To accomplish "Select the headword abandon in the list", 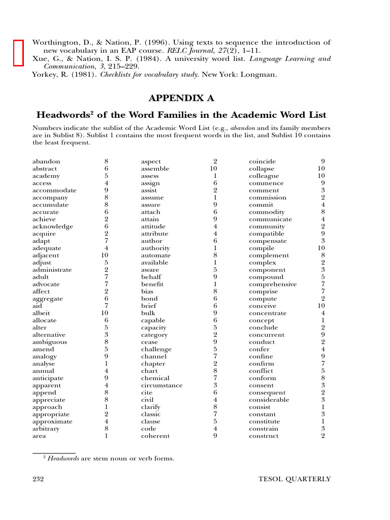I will point(46,161).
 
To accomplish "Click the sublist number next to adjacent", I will point(105,255).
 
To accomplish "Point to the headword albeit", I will point(41,313).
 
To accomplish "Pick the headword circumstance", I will point(161,385).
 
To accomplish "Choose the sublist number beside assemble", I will point(213,169).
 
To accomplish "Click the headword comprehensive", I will point(273,284).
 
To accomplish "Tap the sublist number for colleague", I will point(321,176).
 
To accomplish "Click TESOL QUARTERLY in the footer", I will point(295,479).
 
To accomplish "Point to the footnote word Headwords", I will point(63,459).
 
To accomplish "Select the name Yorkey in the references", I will point(46,75).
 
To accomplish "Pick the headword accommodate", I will point(54,190).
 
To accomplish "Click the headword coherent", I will point(155,436).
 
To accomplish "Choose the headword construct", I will point(264,436).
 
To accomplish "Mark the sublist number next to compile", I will point(321,248).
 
